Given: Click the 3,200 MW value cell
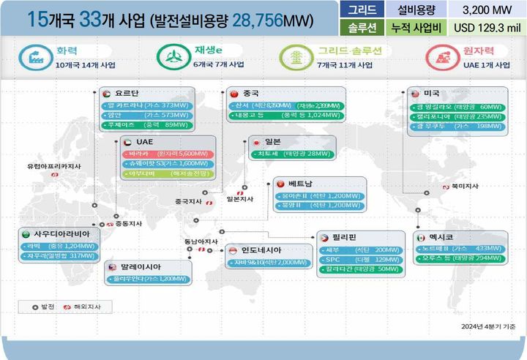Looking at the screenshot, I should [x=487, y=10].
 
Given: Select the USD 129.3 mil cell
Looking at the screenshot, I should [x=487, y=28].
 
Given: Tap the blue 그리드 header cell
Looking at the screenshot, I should [x=362, y=10].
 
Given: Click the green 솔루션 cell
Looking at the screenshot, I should [x=362, y=28].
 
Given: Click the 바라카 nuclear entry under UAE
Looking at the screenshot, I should [x=160, y=154].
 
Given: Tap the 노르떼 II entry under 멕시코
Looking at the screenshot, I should [x=462, y=249].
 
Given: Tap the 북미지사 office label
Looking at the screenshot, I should [x=464, y=186].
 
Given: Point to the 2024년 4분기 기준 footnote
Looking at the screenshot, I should [x=488, y=326].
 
